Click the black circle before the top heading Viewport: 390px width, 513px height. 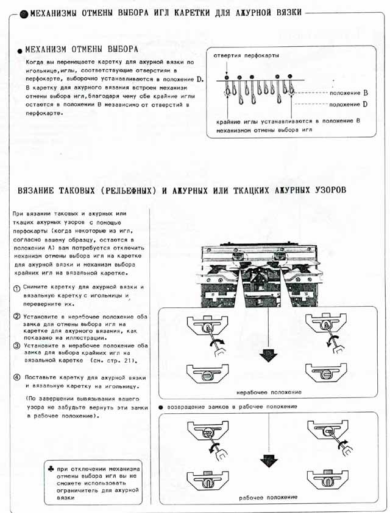click(x=24, y=13)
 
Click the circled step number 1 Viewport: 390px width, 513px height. click(x=16, y=287)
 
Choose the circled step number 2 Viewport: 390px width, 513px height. click(x=16, y=316)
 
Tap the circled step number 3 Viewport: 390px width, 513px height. click(x=16, y=346)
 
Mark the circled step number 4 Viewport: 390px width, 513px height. click(x=16, y=378)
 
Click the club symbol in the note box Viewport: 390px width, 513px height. click(x=50, y=469)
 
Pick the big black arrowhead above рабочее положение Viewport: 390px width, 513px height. click(x=268, y=461)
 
